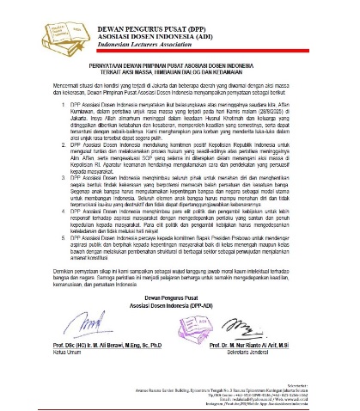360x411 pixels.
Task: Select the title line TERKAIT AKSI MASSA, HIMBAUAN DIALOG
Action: tap(180, 73)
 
